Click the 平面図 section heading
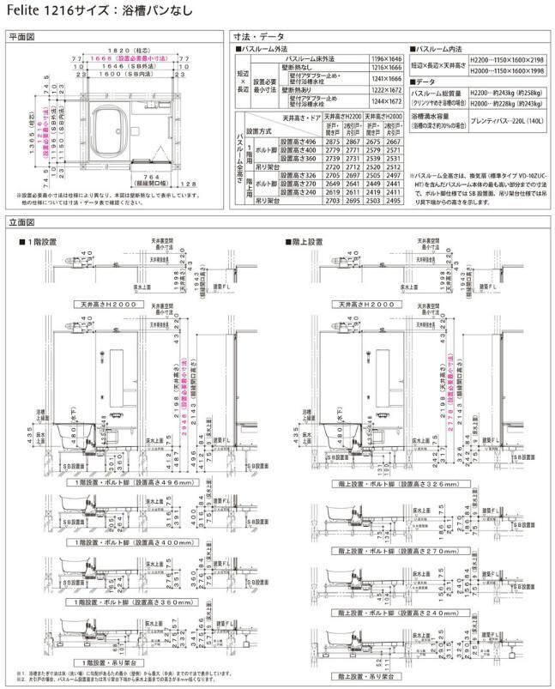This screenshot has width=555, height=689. [x=21, y=38]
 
